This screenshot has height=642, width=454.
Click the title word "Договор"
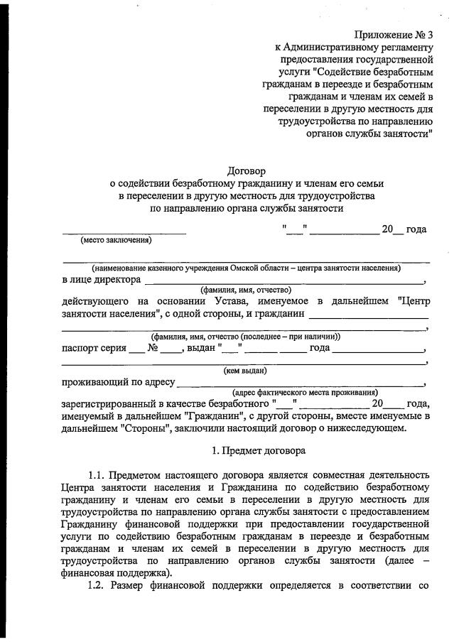click(x=245, y=170)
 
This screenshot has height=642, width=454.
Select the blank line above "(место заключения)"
click(x=124, y=232)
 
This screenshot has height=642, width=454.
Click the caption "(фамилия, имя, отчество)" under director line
click(x=246, y=290)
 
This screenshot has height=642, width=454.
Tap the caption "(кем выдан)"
click(x=246, y=370)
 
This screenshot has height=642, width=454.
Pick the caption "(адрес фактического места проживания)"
click(x=305, y=393)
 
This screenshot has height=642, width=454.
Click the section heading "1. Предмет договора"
click(x=259, y=450)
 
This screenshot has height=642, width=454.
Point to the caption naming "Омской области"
click(x=246, y=268)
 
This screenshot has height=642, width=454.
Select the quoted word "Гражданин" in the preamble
click(x=213, y=416)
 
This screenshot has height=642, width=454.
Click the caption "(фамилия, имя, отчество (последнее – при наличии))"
click(x=246, y=336)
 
